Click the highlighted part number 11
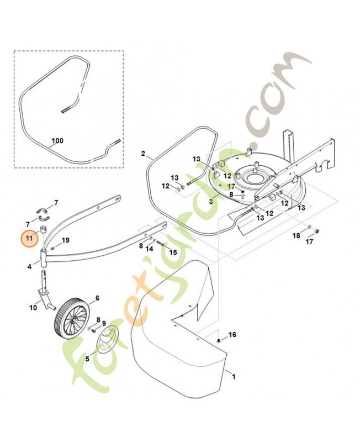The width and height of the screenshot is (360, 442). click(29, 238)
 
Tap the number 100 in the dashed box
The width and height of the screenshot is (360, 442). click(57, 141)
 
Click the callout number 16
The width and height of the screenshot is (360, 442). click(232, 335)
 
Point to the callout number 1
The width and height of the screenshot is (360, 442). click(234, 377)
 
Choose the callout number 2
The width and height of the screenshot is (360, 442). click(143, 154)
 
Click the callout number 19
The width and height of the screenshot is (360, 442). click(66, 240)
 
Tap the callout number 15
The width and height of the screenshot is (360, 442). click(173, 252)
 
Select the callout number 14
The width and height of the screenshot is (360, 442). click(149, 249)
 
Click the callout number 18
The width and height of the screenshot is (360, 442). click(297, 235)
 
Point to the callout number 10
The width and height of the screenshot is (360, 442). click(33, 307)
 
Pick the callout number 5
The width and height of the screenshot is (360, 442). click(87, 359)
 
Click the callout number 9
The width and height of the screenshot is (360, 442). click(104, 323)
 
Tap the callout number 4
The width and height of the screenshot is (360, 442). click(30, 267)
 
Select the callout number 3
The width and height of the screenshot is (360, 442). click(211, 202)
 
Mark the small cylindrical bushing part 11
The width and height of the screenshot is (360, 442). click(44, 229)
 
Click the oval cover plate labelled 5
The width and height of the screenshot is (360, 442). click(108, 339)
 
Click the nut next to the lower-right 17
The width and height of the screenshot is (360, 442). click(316, 231)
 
